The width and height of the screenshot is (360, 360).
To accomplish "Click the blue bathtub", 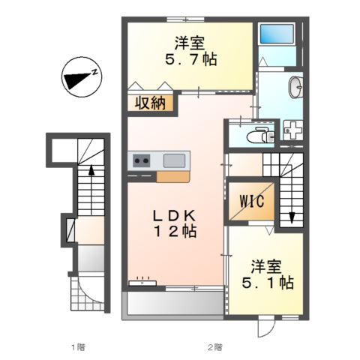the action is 277,34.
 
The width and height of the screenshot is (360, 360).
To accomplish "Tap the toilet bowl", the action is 260,135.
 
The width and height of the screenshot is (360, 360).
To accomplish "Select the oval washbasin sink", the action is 296,87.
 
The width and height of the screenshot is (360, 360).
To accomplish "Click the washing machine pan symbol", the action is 293,130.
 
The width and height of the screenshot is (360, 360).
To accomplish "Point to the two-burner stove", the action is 142,160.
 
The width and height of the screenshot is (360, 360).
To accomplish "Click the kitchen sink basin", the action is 174,160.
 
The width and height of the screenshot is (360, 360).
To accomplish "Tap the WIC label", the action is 252,201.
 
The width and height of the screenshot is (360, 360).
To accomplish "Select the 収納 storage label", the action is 150,103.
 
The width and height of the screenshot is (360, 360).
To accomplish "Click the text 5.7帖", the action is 190,59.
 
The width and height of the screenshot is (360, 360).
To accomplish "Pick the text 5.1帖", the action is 268,283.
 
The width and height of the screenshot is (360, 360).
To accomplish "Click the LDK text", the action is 174,215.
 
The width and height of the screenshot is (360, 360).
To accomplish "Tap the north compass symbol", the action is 82,77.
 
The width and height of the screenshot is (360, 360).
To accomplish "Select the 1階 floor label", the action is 78,347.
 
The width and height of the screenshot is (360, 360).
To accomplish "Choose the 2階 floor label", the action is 214,347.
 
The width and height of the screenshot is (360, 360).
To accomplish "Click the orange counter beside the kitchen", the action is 172,177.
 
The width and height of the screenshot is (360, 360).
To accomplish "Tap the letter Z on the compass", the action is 94,72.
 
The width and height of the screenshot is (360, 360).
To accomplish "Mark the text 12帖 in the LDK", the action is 175,231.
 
